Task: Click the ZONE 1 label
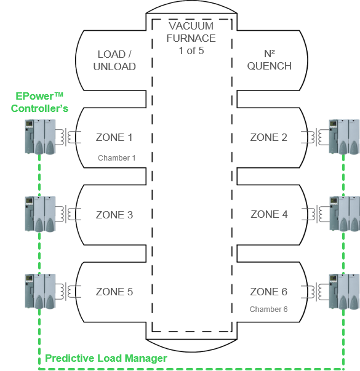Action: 114,137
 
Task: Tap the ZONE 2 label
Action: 269,137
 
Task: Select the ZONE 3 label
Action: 114,215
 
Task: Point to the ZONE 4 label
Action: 269,214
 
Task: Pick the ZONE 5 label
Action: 114,292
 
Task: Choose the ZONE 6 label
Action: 269,292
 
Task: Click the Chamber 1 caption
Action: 117,158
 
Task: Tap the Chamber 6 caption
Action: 269,309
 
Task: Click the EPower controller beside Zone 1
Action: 40,137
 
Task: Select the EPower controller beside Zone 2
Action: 345,137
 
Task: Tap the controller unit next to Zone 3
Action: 40,214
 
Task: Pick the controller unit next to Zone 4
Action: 345,214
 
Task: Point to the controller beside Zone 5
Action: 40,291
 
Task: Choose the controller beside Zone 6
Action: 345,291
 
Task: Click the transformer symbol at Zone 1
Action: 68,137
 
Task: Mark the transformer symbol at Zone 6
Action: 315,292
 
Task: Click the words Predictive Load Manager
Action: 106,359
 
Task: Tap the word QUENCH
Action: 270,66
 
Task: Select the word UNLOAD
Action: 114,66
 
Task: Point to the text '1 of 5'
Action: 191,50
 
